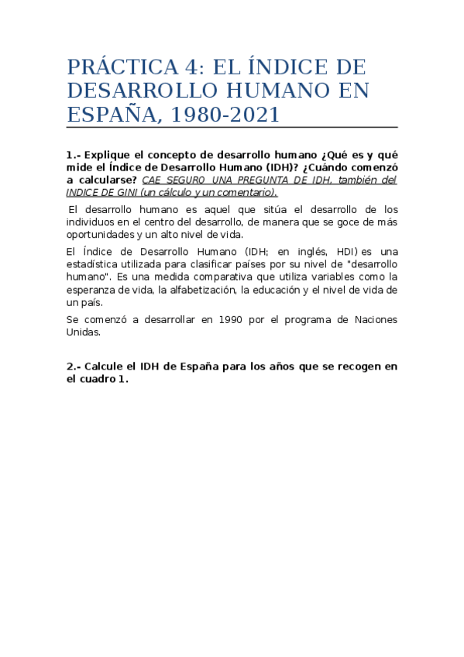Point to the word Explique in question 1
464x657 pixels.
point(109,155)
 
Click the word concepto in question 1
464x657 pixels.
point(177,155)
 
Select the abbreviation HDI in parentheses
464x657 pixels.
point(345,252)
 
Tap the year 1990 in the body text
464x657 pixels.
point(235,319)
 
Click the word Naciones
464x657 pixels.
point(373,319)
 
